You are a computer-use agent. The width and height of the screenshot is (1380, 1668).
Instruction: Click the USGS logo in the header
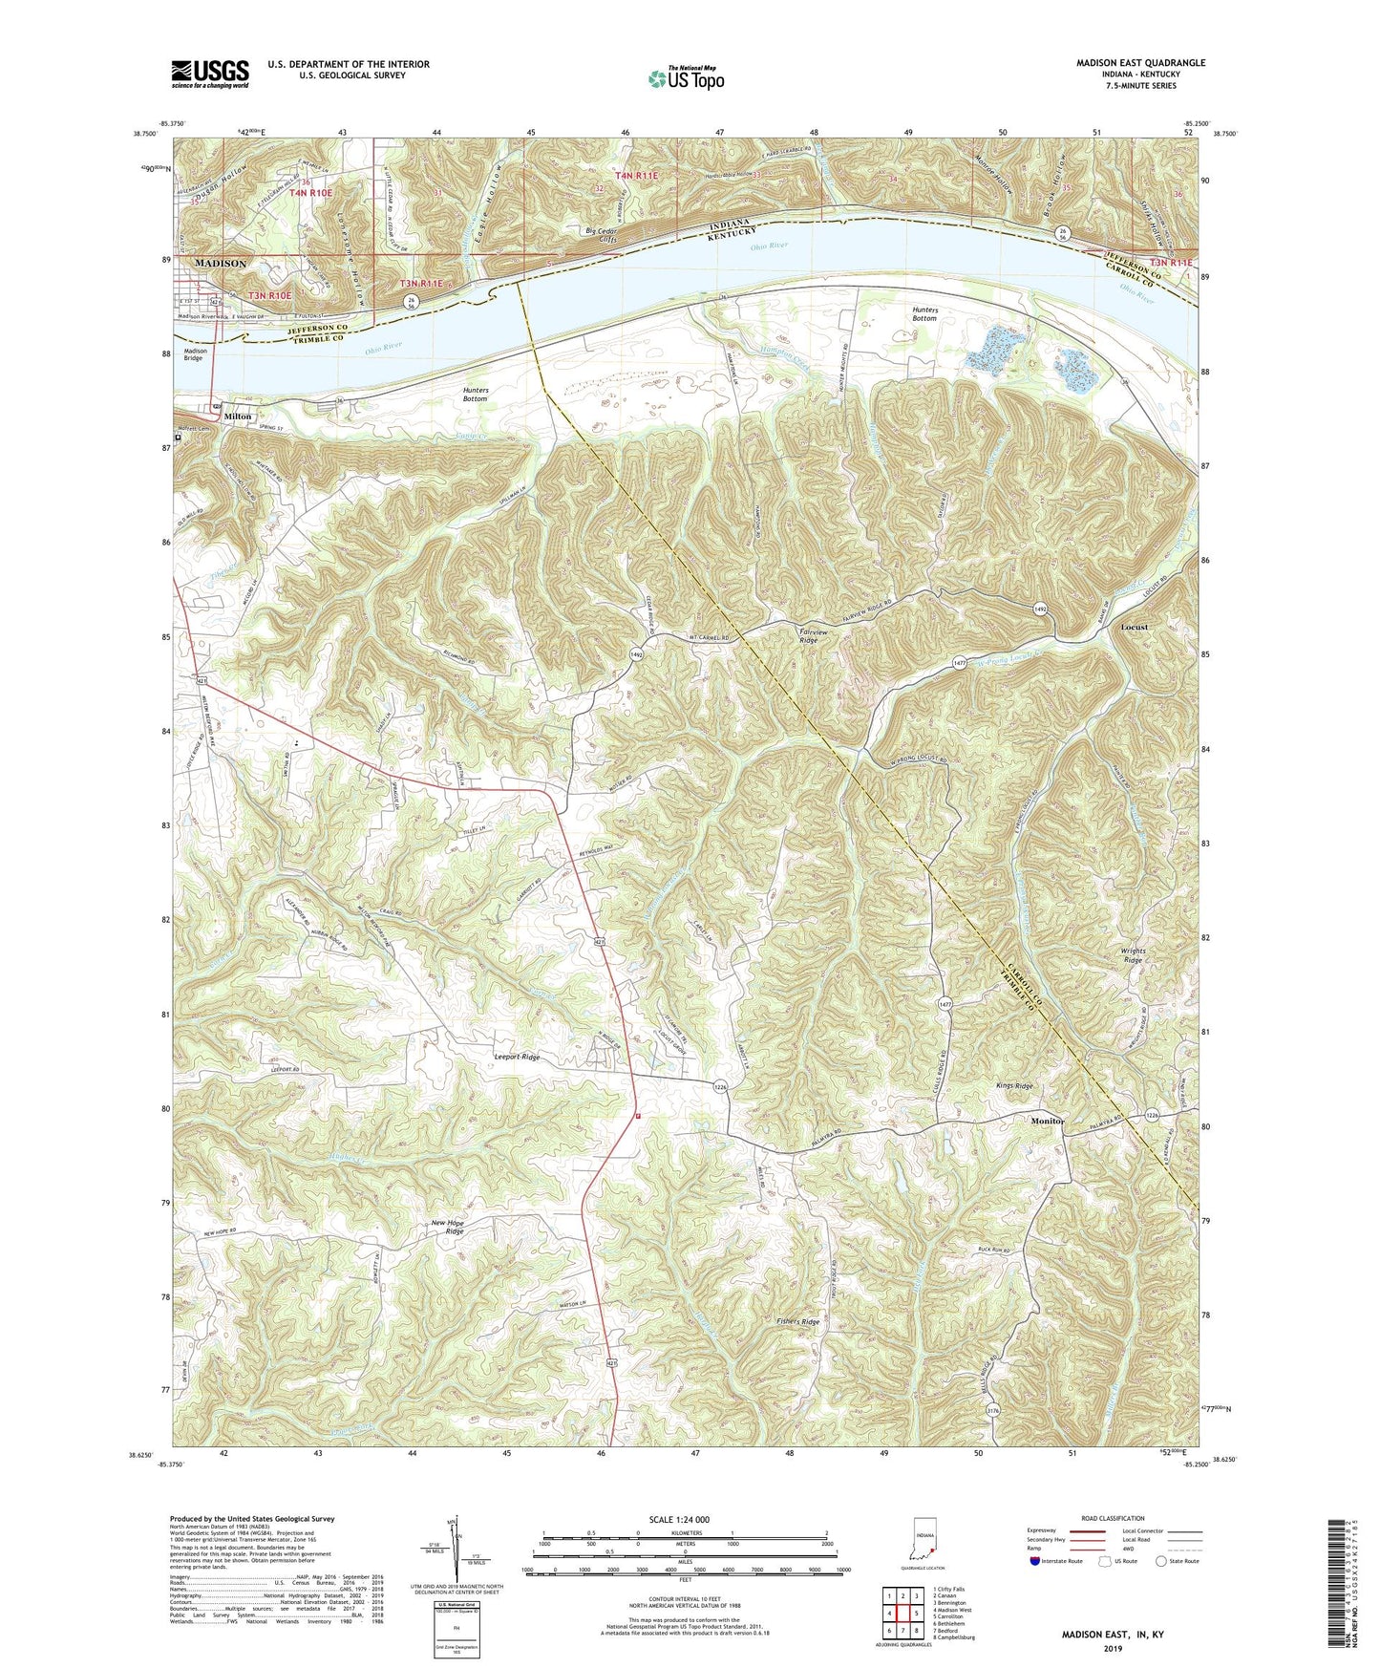click(210, 74)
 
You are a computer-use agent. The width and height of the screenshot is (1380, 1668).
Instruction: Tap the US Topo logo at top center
click(685, 78)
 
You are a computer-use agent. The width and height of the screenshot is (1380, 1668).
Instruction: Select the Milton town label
click(237, 417)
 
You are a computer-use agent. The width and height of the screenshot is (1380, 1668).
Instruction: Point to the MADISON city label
click(221, 264)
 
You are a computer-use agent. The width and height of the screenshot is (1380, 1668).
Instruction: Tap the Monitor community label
click(1048, 1121)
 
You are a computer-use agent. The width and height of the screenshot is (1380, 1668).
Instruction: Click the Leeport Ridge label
click(517, 1057)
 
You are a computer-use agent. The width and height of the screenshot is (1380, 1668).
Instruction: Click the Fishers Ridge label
click(797, 1322)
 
